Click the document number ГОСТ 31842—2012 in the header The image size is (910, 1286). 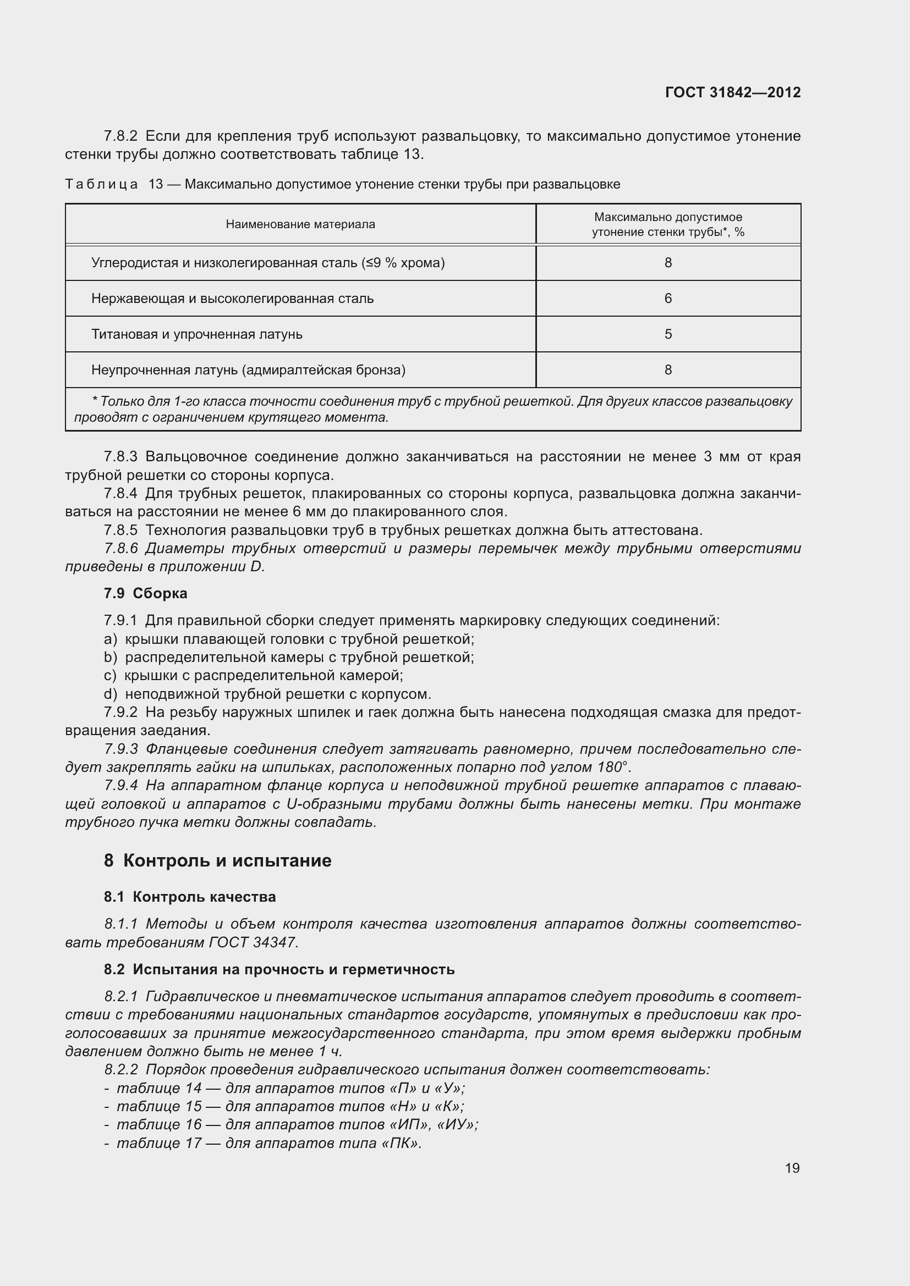pyautogui.click(x=732, y=92)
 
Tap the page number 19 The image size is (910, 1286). pyautogui.click(x=792, y=1168)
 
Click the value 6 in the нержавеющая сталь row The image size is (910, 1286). pyautogui.click(x=668, y=299)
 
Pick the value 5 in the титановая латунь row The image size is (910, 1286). pyautogui.click(x=668, y=334)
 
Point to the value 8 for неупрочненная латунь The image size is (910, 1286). pyautogui.click(x=668, y=370)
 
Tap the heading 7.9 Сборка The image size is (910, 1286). pyautogui.click(x=146, y=593)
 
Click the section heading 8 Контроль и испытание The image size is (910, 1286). pyautogui.click(x=217, y=861)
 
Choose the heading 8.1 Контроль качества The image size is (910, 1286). pyautogui.click(x=189, y=897)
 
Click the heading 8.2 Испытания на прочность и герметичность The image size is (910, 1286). pyautogui.click(x=279, y=969)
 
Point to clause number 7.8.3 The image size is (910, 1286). pyautogui.click(x=120, y=457)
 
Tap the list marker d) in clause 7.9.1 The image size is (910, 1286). pyautogui.click(x=111, y=694)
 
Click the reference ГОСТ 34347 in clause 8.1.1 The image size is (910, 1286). pyautogui.click(x=253, y=943)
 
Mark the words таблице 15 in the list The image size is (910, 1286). pyautogui.click(x=158, y=1106)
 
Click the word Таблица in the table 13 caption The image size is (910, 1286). pyautogui.click(x=101, y=184)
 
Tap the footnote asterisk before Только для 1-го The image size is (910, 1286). pyautogui.click(x=95, y=401)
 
